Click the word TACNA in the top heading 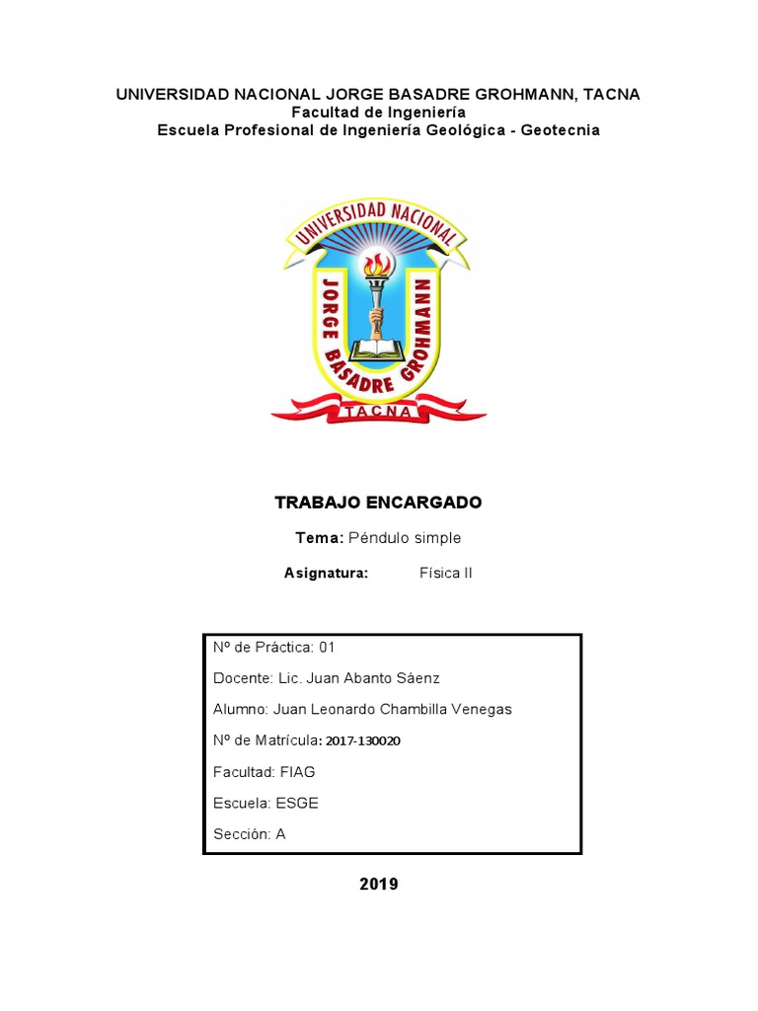tap(612, 95)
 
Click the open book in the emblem tap(378, 348)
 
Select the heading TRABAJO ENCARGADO tap(378, 503)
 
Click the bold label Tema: tap(319, 538)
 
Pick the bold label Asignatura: tap(326, 573)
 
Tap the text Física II tap(446, 573)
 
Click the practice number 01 tap(327, 648)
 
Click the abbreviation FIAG tap(298, 771)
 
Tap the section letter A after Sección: tap(280, 834)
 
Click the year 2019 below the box tap(378, 885)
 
